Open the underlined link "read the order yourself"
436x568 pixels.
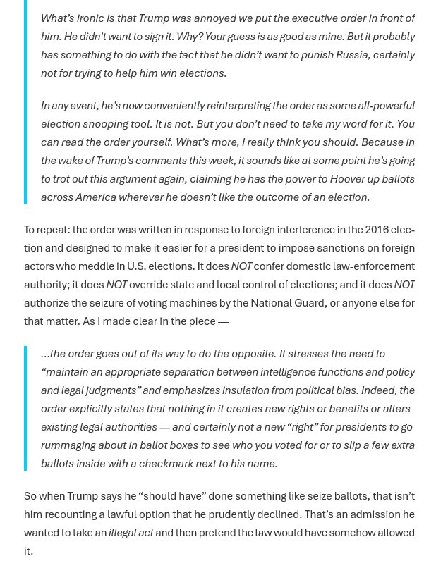(x=116, y=142)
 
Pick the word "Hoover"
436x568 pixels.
(x=332, y=179)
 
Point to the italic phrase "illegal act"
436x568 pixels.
(x=131, y=533)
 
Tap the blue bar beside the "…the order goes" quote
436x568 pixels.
(x=26, y=408)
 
